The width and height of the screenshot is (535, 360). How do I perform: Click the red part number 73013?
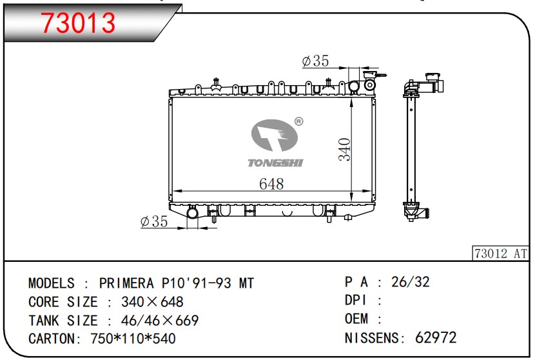(x=78, y=23)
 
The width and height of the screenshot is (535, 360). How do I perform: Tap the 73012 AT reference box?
(x=501, y=254)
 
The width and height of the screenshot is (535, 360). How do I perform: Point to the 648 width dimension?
(x=271, y=184)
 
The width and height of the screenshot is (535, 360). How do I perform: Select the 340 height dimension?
(x=344, y=149)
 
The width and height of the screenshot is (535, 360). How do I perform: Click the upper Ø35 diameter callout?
(x=316, y=61)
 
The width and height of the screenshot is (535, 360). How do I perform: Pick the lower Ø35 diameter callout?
(x=154, y=221)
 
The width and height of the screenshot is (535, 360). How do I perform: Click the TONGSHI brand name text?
(x=275, y=163)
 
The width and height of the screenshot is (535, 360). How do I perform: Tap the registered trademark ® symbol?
(x=298, y=121)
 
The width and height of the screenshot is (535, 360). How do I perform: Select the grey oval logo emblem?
(x=275, y=135)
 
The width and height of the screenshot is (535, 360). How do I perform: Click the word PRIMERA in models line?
(x=126, y=283)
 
